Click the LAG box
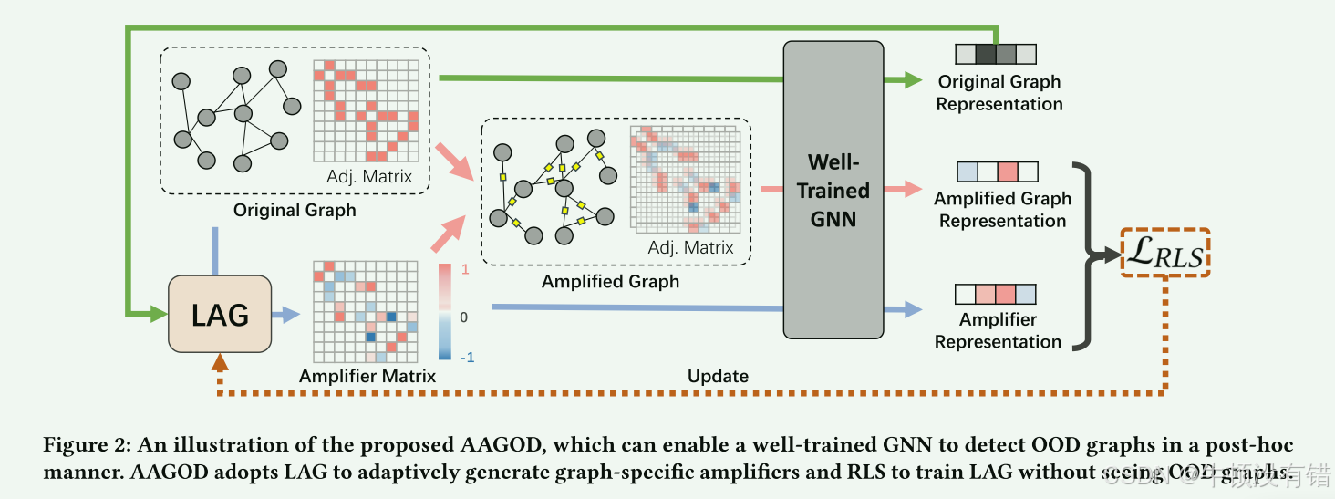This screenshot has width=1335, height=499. [x=220, y=315]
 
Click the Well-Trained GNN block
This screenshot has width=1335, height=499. [x=833, y=191]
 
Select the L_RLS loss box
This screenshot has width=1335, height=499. [x=1164, y=253]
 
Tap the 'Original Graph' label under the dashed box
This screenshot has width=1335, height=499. [x=294, y=211]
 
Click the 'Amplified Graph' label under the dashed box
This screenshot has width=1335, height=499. [x=610, y=282]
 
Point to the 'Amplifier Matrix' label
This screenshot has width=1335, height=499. [x=367, y=376]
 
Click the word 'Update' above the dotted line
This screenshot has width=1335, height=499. [x=718, y=376]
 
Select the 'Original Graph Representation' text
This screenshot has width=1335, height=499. [x=999, y=93]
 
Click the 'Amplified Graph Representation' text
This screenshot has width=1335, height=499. [x=1002, y=210]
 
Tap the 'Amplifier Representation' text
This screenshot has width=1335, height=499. [x=998, y=330]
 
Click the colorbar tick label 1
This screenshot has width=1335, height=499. [x=466, y=270]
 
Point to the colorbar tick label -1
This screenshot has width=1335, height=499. [x=464, y=358]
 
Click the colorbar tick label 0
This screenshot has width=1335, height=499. [x=464, y=317]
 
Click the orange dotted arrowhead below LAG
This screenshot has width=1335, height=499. [x=220, y=362]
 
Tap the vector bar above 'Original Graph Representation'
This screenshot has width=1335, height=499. [x=996, y=54]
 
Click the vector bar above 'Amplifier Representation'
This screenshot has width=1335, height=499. [x=996, y=295]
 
